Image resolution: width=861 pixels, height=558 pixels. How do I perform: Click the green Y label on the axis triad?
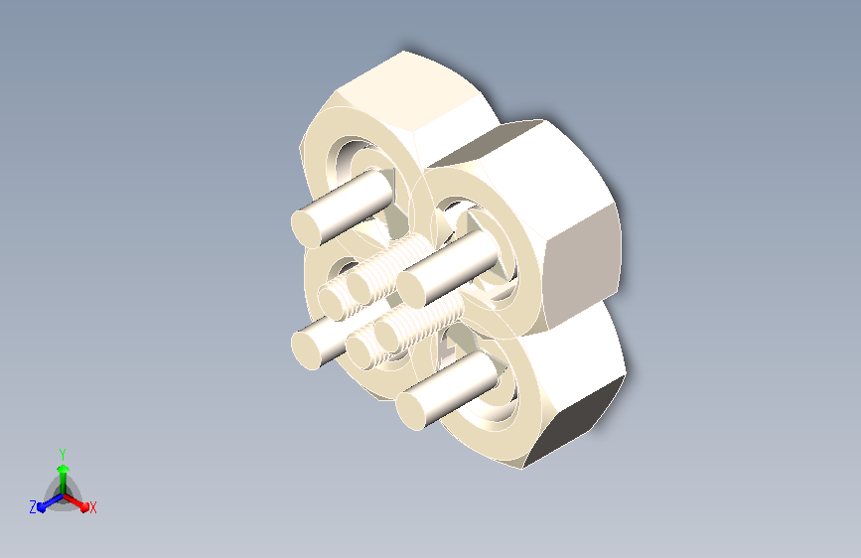(63, 455)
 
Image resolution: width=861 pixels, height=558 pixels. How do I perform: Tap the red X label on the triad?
(92, 507)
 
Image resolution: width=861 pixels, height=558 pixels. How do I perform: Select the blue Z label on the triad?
(33, 507)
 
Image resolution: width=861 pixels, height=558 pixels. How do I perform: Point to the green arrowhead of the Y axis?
(64, 469)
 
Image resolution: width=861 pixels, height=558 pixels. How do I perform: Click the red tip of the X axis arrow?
(84, 507)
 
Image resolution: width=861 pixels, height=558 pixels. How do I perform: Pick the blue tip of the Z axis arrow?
(42, 507)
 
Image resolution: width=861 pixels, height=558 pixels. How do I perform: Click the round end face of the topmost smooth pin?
(305, 228)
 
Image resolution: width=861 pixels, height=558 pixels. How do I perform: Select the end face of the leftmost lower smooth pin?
(306, 349)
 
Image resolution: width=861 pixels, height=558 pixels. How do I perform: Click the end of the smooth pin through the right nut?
(411, 289)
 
